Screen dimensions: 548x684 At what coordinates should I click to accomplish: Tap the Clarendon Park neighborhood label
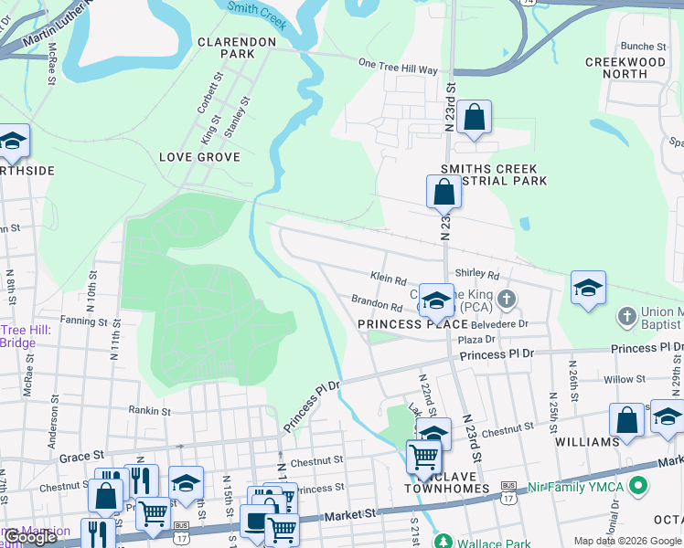[237, 47]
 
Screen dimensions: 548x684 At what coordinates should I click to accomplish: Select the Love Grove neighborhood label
[199, 157]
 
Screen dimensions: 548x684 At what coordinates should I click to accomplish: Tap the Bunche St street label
[643, 46]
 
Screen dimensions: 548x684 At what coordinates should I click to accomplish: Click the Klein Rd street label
[388, 276]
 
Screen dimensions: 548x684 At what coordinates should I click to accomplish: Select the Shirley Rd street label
[477, 274]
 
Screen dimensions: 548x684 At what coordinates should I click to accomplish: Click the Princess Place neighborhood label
[401, 324]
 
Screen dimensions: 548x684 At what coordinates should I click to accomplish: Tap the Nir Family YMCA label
[588, 485]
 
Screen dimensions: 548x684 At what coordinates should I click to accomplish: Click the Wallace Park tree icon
[443, 541]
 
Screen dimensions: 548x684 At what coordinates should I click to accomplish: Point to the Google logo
[29, 537]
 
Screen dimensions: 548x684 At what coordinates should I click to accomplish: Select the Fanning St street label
[84, 321]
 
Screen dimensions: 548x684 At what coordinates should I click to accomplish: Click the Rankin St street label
[151, 411]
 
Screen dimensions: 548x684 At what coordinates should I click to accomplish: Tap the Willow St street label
[624, 379]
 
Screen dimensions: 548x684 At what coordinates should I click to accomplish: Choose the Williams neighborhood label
[586, 442]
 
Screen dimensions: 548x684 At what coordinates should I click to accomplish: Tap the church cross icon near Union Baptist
[626, 316]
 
